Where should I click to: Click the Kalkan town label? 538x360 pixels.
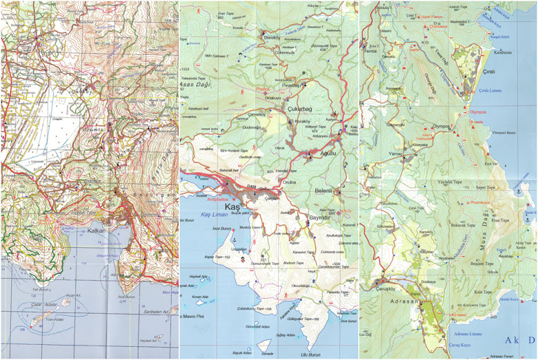coord(96,231)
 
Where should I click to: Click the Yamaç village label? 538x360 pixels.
coord(395,154)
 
